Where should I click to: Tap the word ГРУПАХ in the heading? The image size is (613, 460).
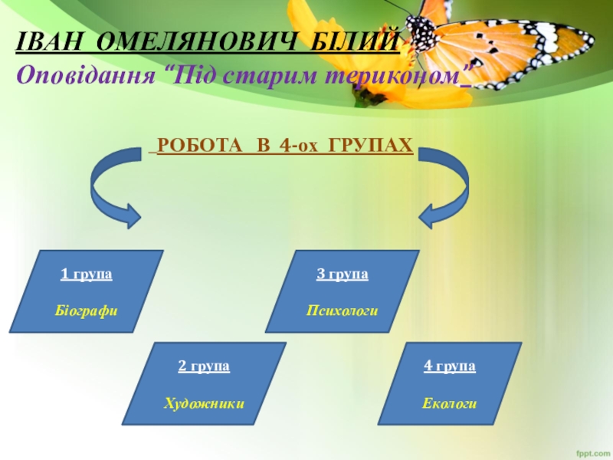click(x=371, y=145)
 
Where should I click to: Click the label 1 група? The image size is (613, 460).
click(x=87, y=274)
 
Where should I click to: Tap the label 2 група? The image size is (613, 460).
click(x=204, y=366)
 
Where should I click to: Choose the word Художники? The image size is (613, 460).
click(x=205, y=402)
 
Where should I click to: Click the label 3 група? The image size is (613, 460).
click(x=343, y=274)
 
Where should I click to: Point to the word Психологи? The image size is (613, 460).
click(x=343, y=310)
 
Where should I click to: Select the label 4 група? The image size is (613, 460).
click(x=450, y=366)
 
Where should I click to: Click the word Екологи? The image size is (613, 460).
click(x=450, y=402)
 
